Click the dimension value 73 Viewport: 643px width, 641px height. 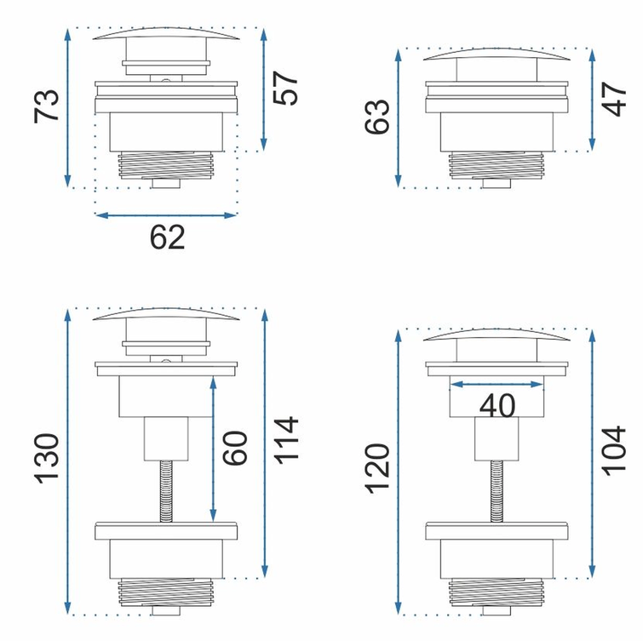[46, 106]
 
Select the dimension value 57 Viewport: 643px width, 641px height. [285, 89]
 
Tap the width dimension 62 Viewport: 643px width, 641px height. [167, 238]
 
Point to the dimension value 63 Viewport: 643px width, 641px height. [376, 117]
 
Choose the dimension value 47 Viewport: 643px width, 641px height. [613, 100]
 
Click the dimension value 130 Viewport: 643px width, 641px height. [46, 458]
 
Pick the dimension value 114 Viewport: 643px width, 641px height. [285, 440]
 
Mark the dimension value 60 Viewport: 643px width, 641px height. [235, 448]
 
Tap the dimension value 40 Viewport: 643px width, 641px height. [497, 406]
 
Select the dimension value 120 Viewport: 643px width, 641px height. [377, 468]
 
